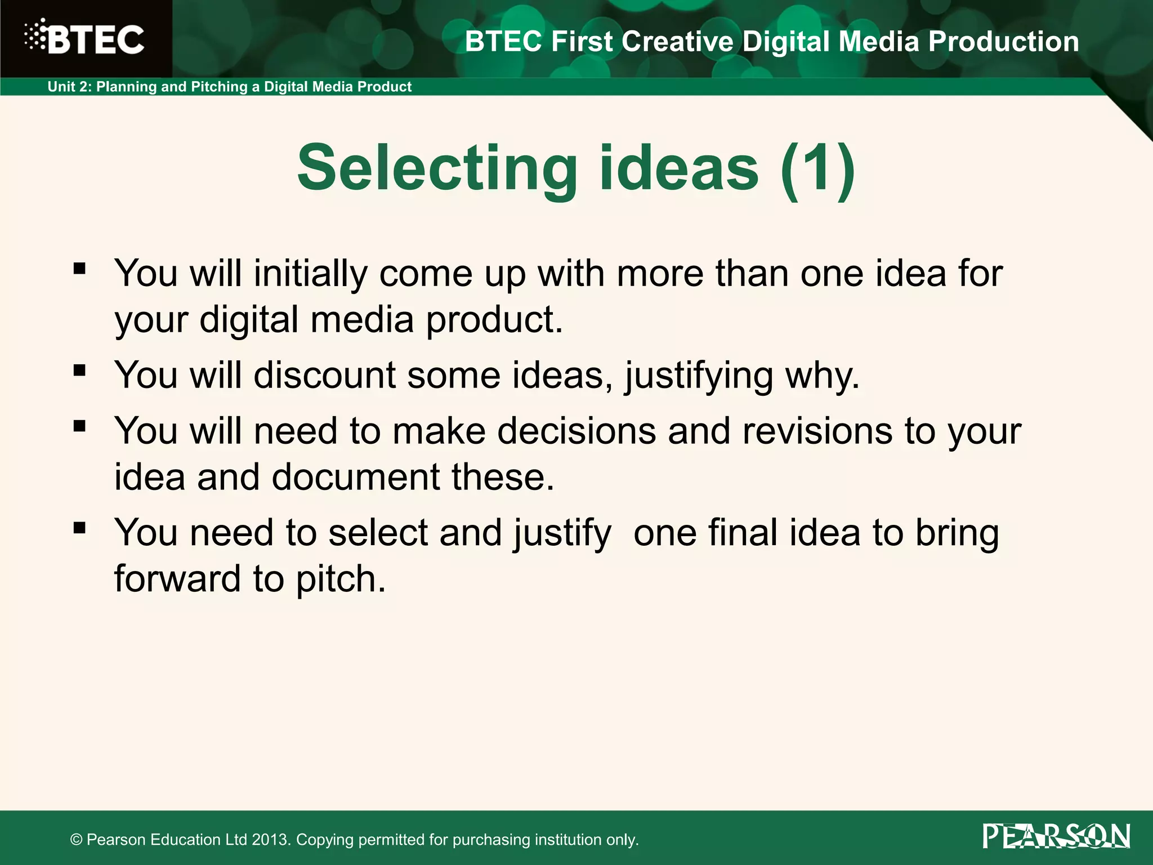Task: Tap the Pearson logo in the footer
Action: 1056,836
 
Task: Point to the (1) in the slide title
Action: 817,168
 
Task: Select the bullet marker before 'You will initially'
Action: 79,268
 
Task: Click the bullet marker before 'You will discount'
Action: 79,370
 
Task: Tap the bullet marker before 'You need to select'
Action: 79,528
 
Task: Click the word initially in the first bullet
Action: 310,274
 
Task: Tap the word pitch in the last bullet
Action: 340,579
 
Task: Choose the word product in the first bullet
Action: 494,320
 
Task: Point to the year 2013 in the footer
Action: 271,840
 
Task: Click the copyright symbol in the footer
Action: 77,840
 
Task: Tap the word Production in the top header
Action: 1003,42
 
